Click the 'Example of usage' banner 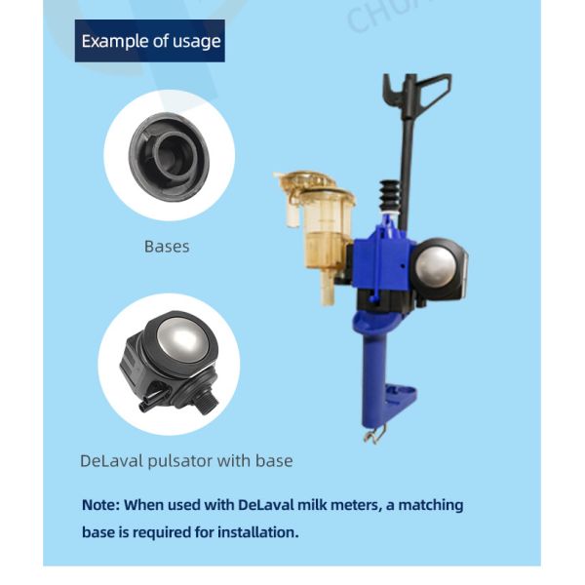[150, 41]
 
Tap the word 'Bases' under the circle [167, 247]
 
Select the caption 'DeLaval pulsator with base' [186, 460]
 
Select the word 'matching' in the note [425, 505]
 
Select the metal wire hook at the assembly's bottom [372, 431]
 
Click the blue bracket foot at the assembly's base [400, 396]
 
